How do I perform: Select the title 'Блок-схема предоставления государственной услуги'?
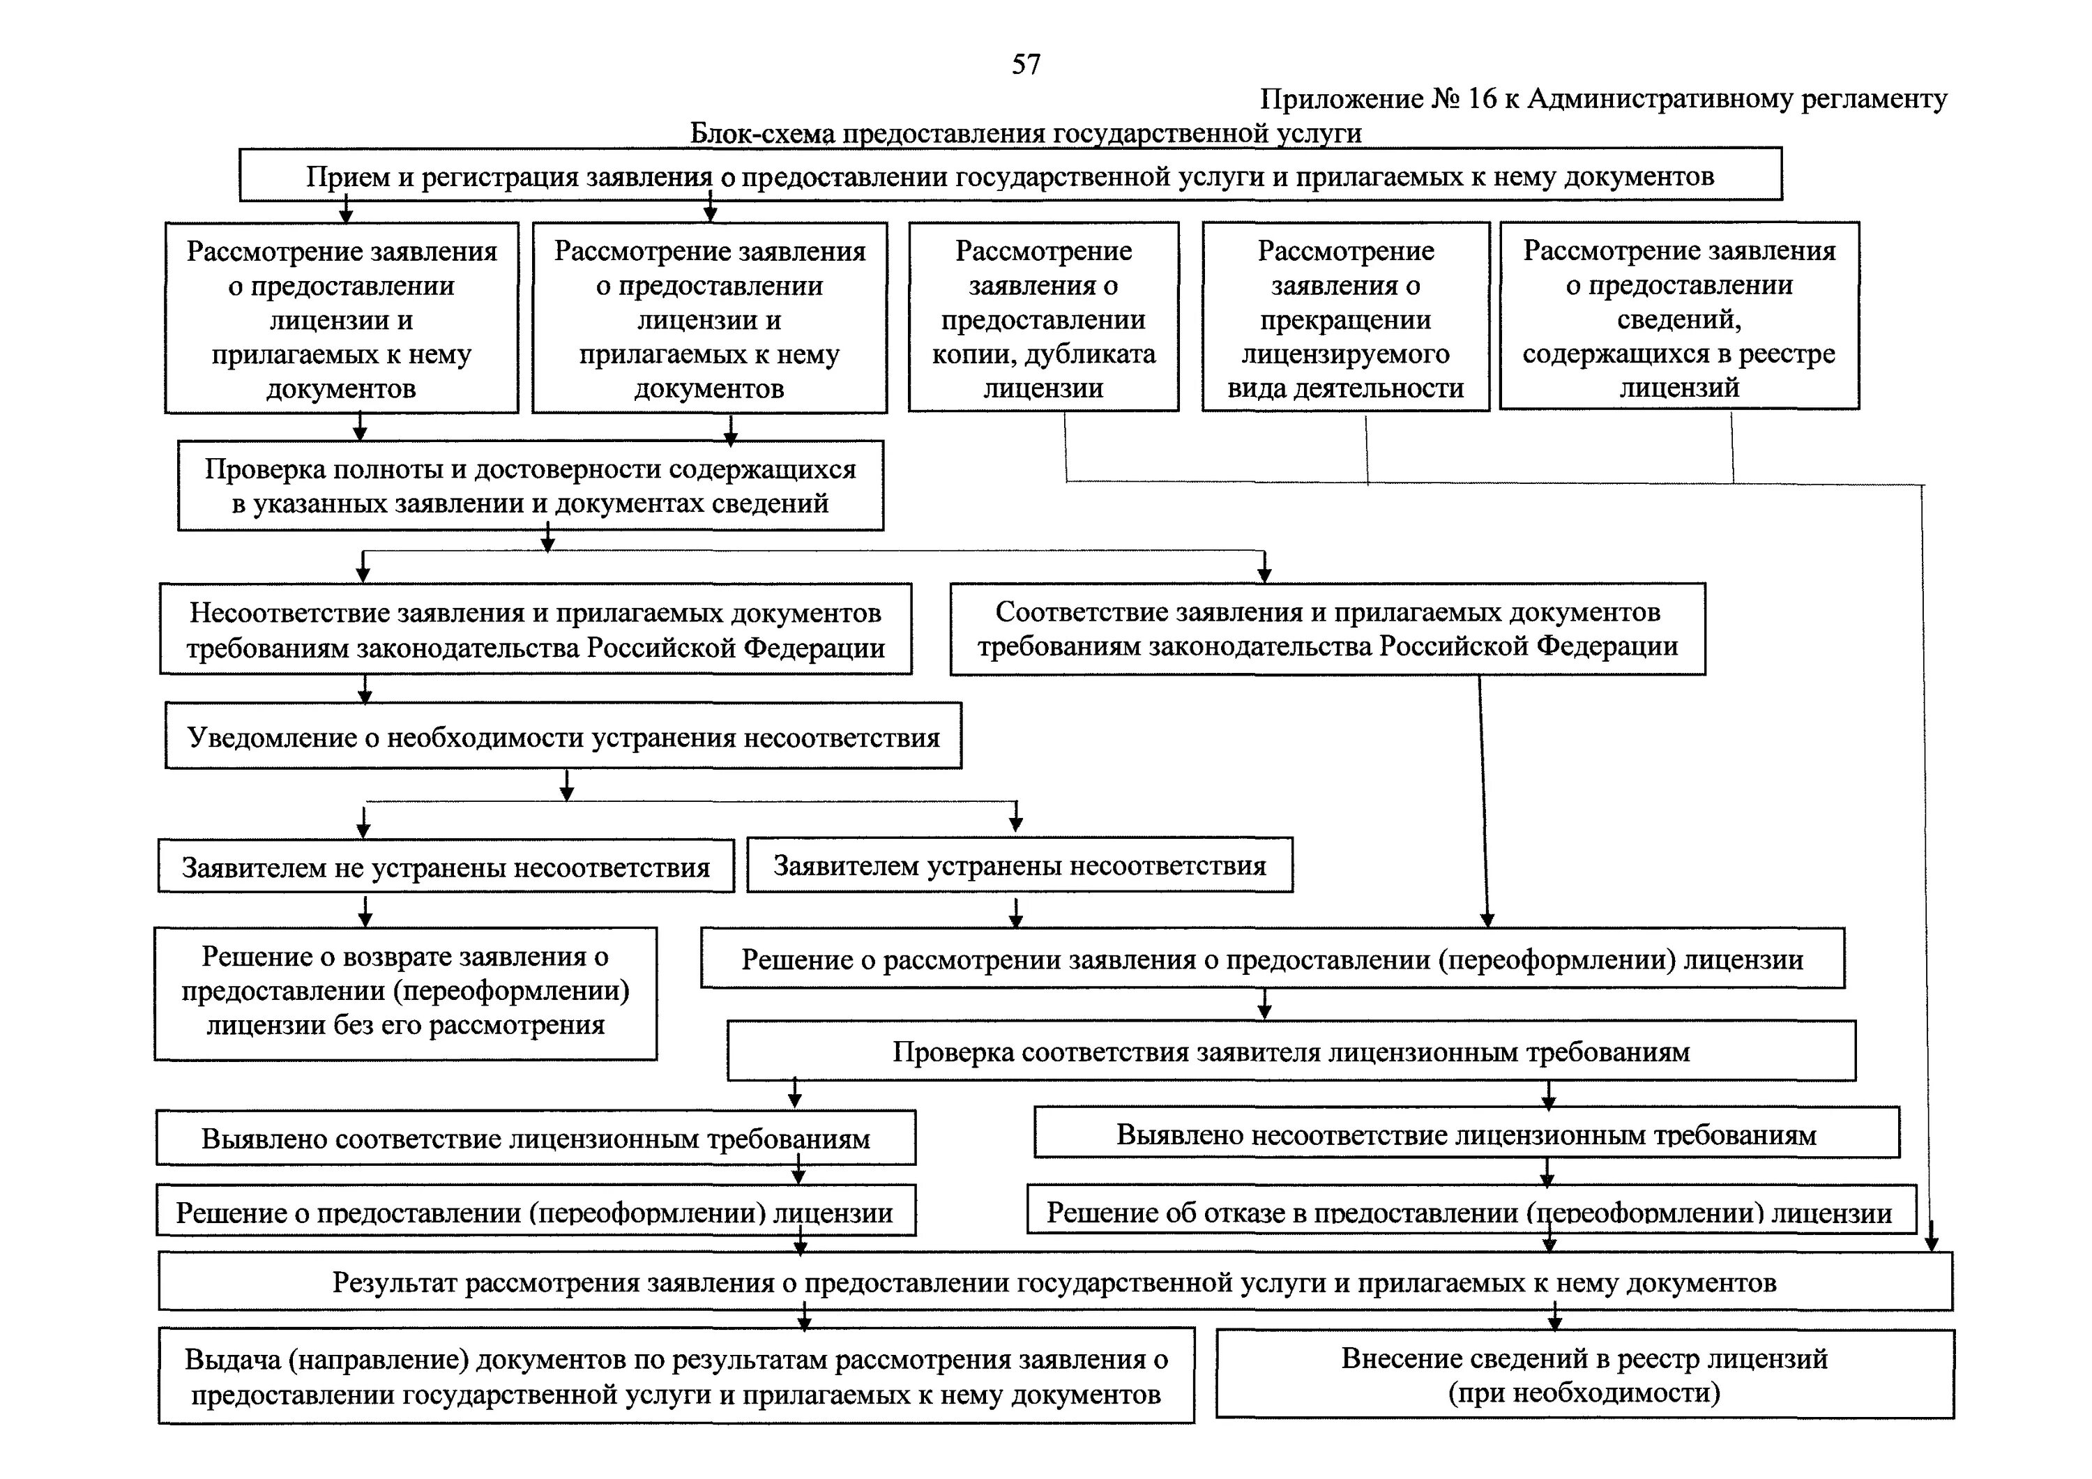[1025, 133]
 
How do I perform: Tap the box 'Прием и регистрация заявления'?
[1010, 176]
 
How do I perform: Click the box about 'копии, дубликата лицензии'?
[1043, 318]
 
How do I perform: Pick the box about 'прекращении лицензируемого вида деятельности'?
[1345, 318]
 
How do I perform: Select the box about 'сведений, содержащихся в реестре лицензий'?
[1678, 317]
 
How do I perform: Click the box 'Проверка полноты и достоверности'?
[530, 486]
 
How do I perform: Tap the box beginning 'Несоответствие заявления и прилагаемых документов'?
[535, 630]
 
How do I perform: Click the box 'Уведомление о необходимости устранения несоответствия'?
[563, 736]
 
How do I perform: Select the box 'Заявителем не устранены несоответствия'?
[446, 867]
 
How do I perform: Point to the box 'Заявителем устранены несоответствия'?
[1019, 865]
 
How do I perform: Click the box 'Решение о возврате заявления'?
[405, 991]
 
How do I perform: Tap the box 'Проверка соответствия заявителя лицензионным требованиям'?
[1290, 1052]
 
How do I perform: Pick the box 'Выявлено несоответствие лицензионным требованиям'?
[1466, 1135]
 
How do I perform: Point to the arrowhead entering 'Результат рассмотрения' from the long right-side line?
[1931, 1244]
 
